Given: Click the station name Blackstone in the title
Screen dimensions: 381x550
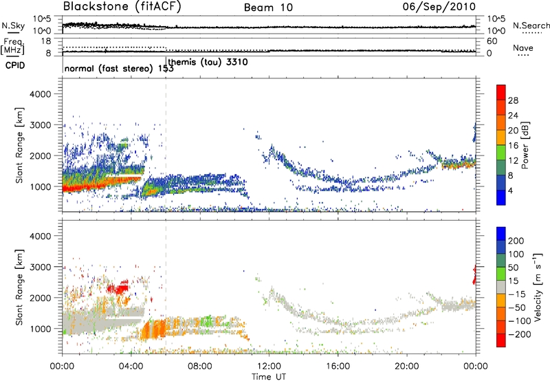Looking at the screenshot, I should (94, 8).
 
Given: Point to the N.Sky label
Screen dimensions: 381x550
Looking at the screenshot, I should (12, 25).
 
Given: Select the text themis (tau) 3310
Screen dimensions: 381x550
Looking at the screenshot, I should (208, 63).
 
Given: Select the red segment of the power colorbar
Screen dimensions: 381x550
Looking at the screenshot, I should (501, 97).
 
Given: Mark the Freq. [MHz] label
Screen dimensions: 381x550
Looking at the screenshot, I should (12, 46).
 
